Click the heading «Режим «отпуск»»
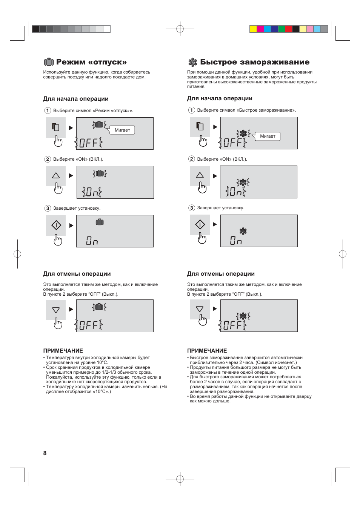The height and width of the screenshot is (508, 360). click(x=91, y=62)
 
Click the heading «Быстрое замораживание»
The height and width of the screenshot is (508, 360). click(x=255, y=62)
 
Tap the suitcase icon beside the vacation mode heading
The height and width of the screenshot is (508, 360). click(x=49, y=62)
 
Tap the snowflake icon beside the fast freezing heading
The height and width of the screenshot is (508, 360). click(x=192, y=62)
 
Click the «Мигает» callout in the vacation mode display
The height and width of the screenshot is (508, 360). click(x=122, y=130)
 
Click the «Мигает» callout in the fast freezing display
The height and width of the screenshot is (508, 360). click(x=268, y=136)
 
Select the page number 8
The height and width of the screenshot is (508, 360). click(x=45, y=453)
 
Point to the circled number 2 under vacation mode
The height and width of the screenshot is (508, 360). click(x=48, y=159)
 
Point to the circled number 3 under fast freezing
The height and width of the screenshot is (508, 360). click(x=192, y=208)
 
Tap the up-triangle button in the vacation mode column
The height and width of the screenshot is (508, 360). click(x=56, y=175)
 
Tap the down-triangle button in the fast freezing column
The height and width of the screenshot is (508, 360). click(x=200, y=309)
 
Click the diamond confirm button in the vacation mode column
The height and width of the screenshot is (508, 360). click(x=56, y=225)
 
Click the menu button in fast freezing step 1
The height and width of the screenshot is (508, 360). click(x=200, y=126)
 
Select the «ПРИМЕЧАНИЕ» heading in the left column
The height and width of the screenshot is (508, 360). click(x=63, y=350)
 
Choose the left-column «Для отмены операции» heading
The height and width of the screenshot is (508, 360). click(x=77, y=274)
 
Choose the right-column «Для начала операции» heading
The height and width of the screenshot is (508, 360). click(x=220, y=98)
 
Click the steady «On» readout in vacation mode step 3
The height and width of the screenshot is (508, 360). click(x=92, y=241)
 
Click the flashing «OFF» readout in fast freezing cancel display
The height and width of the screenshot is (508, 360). click(x=232, y=325)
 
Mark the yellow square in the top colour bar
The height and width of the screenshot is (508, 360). click(x=253, y=29)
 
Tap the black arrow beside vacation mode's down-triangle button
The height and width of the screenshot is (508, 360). click(x=71, y=309)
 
